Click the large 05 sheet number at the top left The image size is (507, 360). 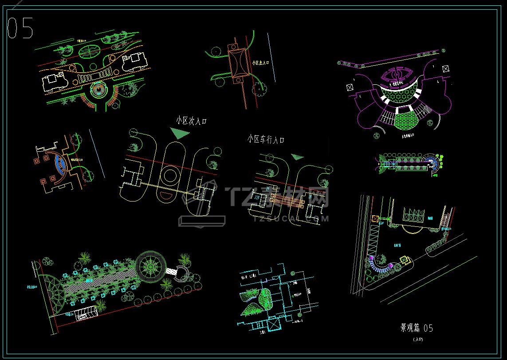(x=20, y=28)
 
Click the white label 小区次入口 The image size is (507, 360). (x=191, y=120)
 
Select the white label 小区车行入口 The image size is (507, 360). (x=265, y=139)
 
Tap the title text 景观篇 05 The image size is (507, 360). (x=416, y=328)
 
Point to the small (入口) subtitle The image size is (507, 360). (x=418, y=339)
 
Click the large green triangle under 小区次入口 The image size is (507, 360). (x=179, y=133)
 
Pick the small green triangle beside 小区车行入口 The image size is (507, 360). (x=297, y=157)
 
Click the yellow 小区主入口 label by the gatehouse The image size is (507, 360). (x=260, y=63)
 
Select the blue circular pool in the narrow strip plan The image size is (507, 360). (x=430, y=162)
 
